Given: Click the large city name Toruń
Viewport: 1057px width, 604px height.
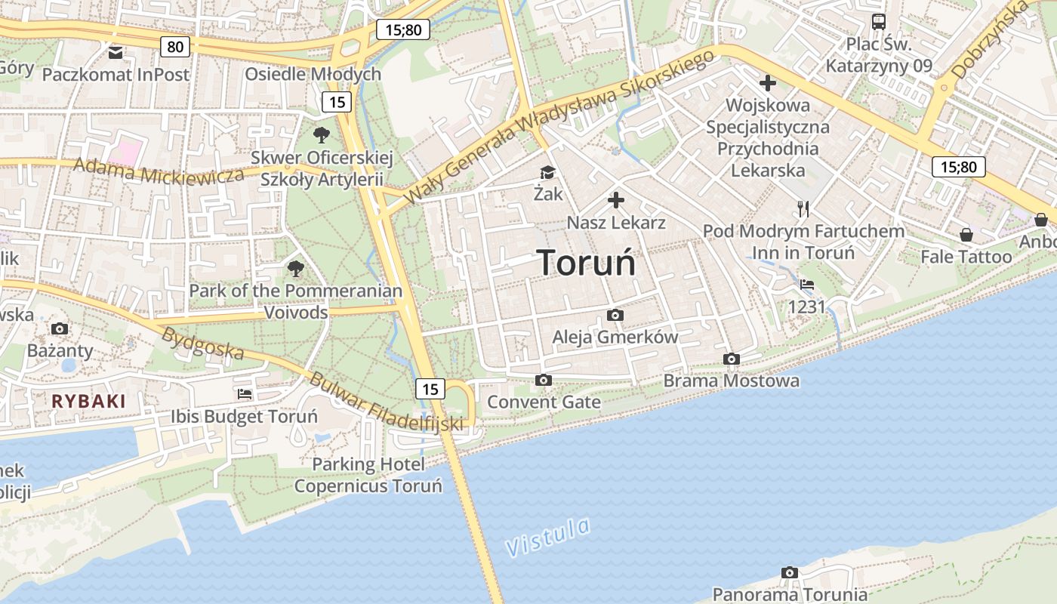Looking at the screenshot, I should coord(587,263).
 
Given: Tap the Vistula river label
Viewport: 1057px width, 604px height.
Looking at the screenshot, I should coord(547,537).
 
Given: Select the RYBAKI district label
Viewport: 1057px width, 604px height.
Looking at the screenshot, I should coord(88,401).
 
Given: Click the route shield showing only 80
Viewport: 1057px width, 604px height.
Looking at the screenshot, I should coord(174,47).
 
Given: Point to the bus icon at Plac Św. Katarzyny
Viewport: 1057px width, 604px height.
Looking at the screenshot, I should coord(878,22).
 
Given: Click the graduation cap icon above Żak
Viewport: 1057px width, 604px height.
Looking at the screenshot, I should coord(547,173).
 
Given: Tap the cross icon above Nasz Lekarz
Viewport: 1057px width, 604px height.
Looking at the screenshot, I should coord(616,200).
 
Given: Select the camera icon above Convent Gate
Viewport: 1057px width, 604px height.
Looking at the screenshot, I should coord(543,380).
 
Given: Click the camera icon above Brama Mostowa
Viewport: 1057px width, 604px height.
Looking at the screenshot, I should coord(731,359).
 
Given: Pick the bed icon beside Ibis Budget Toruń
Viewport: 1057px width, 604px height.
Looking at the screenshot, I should coord(244,394).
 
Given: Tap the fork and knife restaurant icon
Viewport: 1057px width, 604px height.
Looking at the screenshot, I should coord(803,209).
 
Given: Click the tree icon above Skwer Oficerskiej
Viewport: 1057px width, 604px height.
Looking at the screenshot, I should coord(322,136).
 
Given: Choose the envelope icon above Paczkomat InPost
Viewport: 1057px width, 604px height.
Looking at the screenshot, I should coord(116,52).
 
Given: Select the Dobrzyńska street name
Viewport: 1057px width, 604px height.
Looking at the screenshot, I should coord(989,39).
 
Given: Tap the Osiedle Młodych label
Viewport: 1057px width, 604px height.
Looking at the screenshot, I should coord(313,74).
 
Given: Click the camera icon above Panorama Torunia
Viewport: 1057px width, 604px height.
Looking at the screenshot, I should coord(789,572).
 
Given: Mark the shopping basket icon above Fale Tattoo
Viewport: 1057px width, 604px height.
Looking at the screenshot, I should coord(966,235).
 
